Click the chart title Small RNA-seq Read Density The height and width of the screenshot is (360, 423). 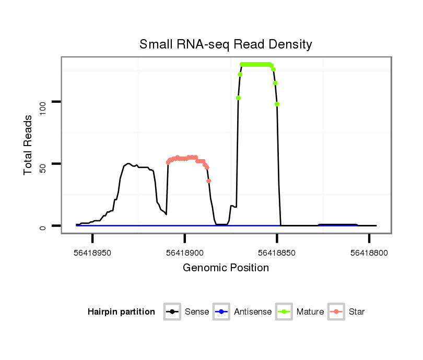click(x=226, y=44)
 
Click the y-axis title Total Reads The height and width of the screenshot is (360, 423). click(x=29, y=145)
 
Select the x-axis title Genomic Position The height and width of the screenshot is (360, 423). click(x=226, y=268)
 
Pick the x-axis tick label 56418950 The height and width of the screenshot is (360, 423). click(x=92, y=253)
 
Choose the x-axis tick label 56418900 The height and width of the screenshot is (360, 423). click(x=185, y=253)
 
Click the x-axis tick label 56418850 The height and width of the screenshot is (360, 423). click(x=277, y=253)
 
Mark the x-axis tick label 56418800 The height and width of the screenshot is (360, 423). click(x=369, y=253)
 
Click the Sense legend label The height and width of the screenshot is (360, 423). click(x=197, y=312)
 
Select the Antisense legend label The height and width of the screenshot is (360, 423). click(x=253, y=312)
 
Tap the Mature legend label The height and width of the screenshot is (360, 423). click(x=310, y=312)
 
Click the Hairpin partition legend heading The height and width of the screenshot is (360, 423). click(x=121, y=312)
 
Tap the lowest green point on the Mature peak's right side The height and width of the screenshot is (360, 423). click(x=277, y=104)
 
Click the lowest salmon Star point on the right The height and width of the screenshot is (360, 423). click(x=208, y=181)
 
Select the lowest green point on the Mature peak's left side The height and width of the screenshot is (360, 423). click(x=238, y=98)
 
